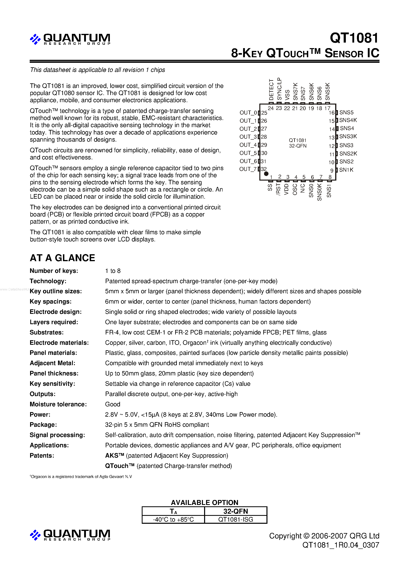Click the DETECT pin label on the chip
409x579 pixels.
click(271, 90)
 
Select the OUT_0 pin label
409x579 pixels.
click(248, 112)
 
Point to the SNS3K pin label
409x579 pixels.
click(348, 136)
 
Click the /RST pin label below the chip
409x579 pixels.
click(278, 189)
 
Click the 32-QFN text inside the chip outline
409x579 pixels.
click(298, 146)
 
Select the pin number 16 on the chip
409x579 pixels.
click(331, 113)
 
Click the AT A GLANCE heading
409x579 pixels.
click(62, 258)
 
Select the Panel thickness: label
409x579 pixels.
click(54, 373)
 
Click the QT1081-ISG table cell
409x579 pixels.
click(236, 519)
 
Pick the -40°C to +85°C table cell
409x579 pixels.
click(173, 519)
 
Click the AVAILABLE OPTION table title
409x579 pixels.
click(204, 502)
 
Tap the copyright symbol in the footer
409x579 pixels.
click(306, 536)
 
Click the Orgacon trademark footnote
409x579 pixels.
click(81, 477)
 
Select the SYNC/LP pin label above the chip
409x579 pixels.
click(279, 89)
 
